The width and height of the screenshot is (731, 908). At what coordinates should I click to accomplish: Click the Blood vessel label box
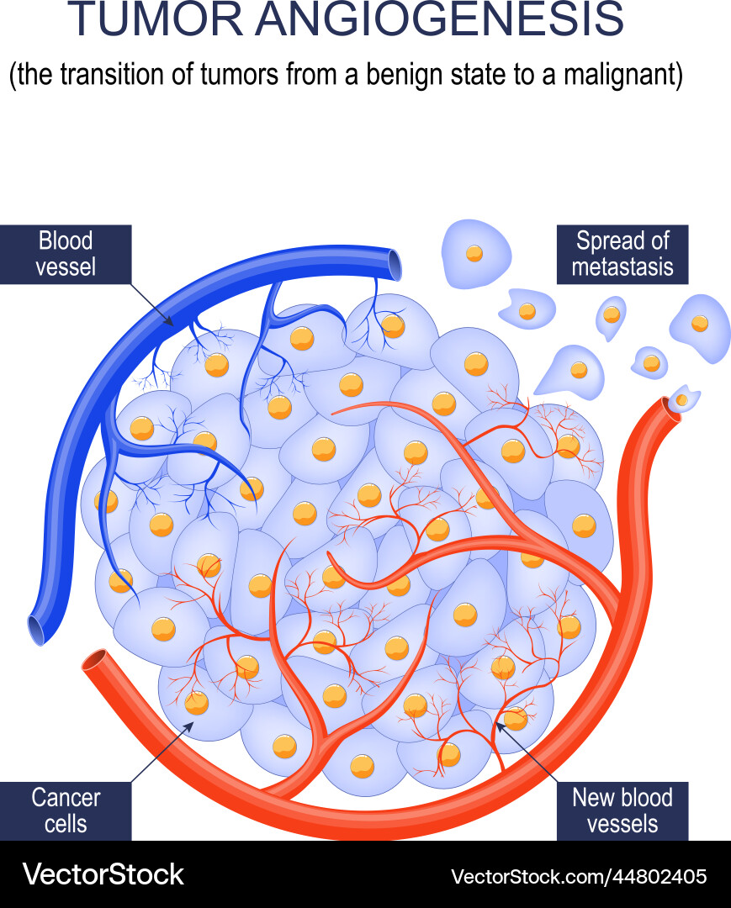pos(66,254)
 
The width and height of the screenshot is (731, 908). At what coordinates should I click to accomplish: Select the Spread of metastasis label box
pos(622,254)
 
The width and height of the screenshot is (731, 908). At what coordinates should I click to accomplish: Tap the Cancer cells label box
pos(66,810)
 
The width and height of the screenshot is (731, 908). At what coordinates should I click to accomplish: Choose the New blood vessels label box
pos(622,810)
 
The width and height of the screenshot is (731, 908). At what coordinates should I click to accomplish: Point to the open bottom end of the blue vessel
pos(37,629)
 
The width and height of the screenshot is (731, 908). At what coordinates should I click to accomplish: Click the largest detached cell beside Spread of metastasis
pos(476,251)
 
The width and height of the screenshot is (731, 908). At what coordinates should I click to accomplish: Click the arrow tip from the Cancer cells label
pos(193,721)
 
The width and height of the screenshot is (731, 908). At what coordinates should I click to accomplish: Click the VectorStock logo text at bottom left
pos(103,874)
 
